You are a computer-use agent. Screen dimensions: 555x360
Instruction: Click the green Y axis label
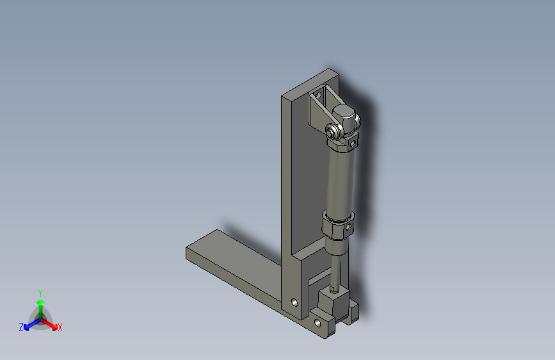tap(40, 293)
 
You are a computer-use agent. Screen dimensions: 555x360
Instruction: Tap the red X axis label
tap(60, 327)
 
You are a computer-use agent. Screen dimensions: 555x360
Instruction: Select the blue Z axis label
tap(21, 327)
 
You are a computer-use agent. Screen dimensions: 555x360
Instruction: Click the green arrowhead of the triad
tap(41, 302)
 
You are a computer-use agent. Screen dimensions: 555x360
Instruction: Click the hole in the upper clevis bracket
tap(318, 95)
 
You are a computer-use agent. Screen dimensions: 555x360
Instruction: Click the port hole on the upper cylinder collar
tap(353, 144)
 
